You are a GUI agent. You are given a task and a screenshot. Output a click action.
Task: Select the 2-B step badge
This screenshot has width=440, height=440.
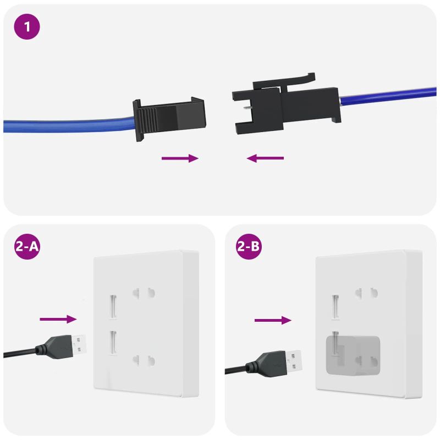tap(249, 247)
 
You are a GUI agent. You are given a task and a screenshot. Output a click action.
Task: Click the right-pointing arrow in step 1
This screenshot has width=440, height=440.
tap(179, 158)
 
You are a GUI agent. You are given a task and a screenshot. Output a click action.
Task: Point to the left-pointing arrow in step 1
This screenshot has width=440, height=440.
tap(265, 158)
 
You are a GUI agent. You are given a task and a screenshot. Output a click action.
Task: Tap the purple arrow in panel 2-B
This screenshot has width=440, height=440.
tap(272, 320)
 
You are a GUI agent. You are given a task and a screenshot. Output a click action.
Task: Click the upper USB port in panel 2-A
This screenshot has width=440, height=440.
tap(113, 306)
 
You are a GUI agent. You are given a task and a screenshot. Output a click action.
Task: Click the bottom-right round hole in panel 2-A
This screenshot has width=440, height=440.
tap(151, 361)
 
